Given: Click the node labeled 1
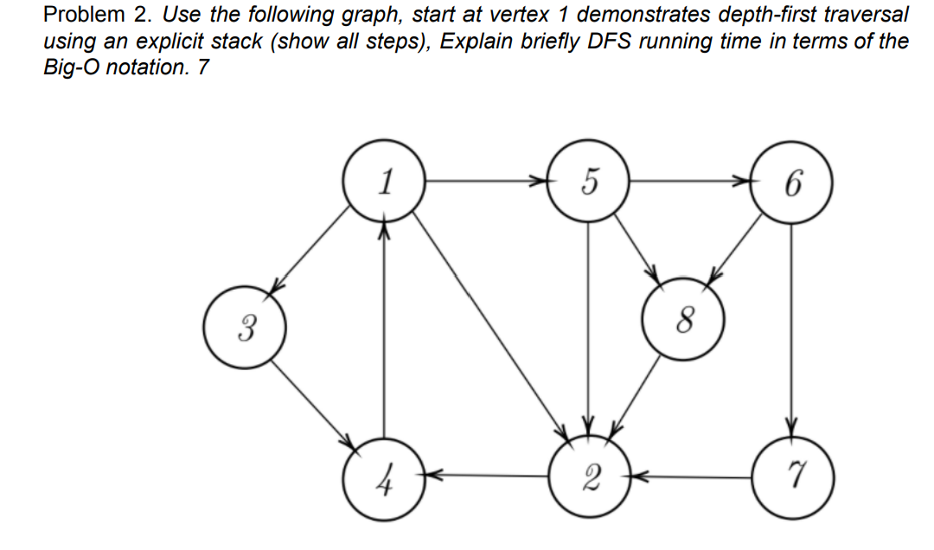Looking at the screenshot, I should tap(383, 182).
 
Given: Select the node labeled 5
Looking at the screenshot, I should tap(588, 182).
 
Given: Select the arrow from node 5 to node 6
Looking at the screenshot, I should tap(691, 182).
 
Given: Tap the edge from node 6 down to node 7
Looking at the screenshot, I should tap(792, 329).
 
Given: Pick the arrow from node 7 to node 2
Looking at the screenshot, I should tap(691, 475).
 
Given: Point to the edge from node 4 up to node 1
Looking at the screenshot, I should tap(383, 329).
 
